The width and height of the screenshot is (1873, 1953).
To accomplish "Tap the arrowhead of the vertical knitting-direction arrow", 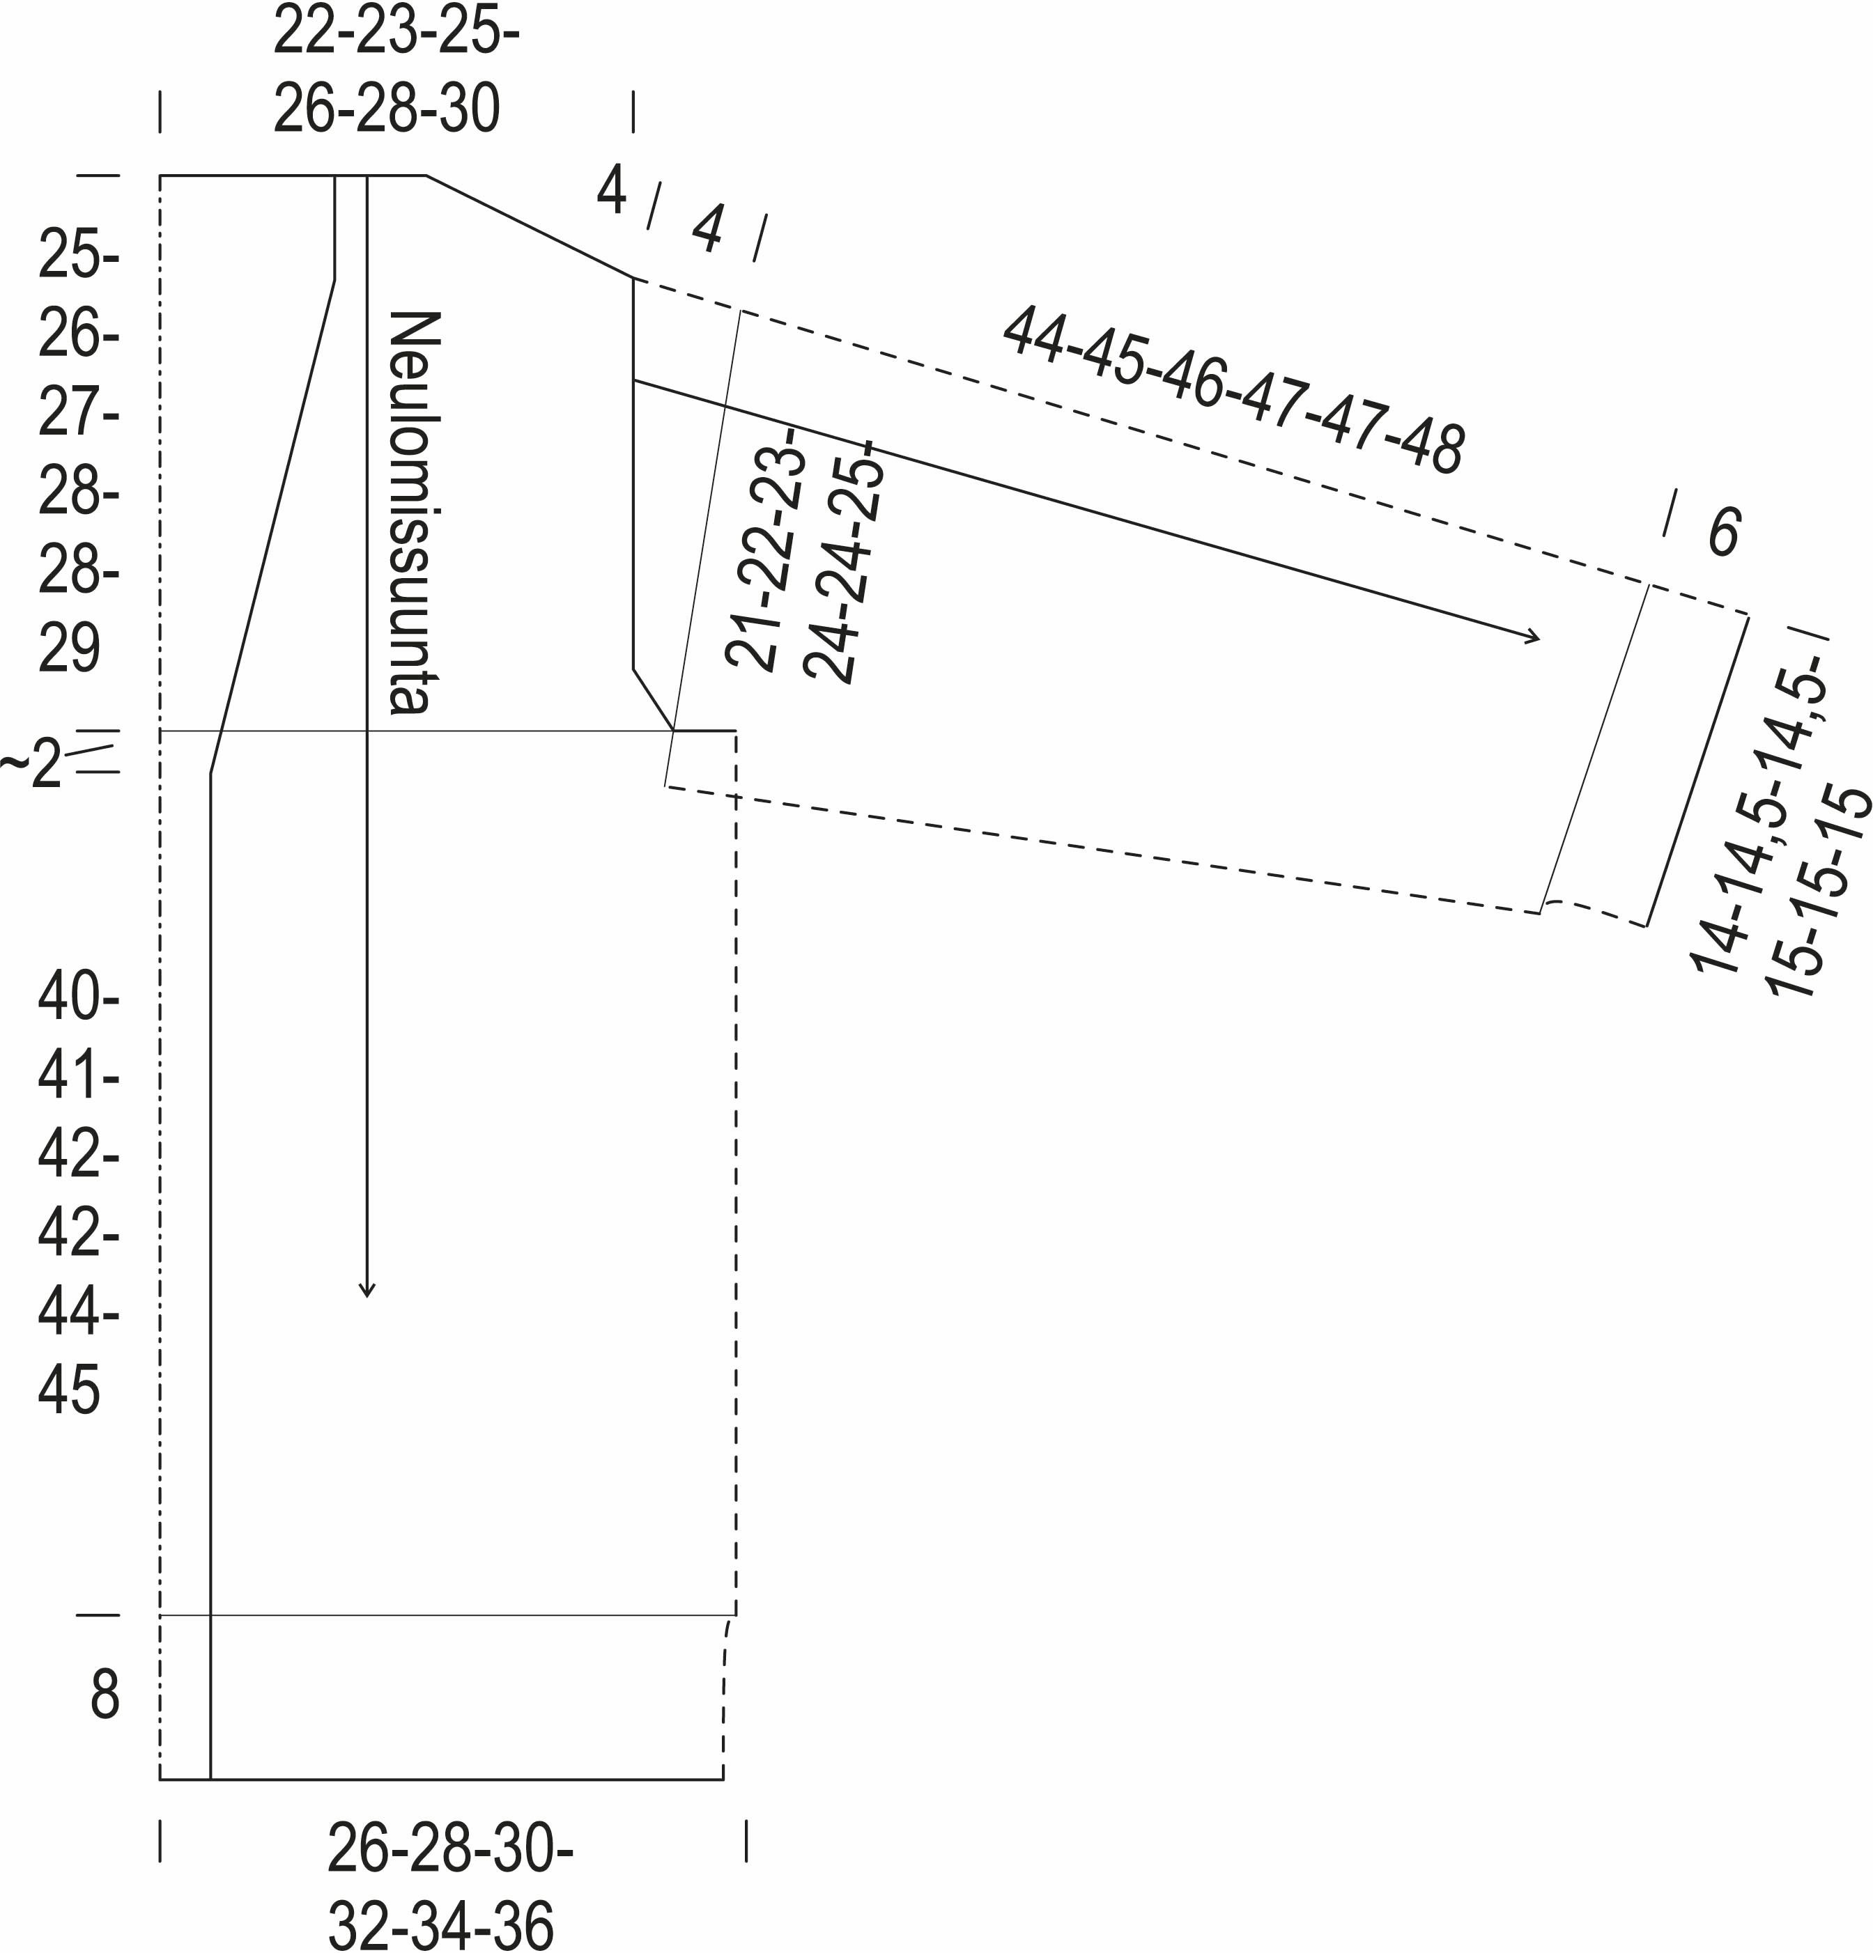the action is click(x=367, y=1289).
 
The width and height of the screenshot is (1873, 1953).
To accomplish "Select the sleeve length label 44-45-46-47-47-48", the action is click(x=1233, y=391).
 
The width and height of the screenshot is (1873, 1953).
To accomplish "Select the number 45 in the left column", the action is click(x=70, y=1390).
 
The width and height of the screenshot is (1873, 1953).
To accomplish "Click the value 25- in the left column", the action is click(x=79, y=255).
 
